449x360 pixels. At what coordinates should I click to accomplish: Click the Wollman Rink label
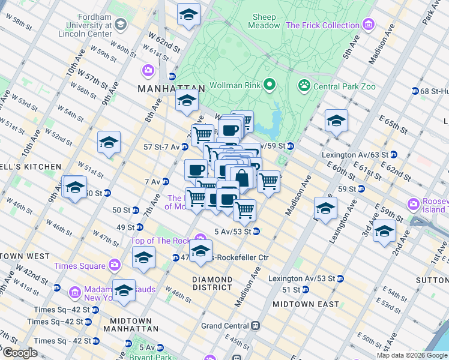coord(235,85)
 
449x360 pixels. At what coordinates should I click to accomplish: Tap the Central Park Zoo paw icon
coord(304,86)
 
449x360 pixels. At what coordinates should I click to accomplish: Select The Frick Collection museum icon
coord(369,25)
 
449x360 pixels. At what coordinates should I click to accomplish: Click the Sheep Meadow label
coord(265,22)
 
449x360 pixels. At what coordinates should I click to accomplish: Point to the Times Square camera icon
coord(115,265)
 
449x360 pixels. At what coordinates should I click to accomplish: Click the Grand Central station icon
coord(255,326)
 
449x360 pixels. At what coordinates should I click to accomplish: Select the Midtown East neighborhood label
coord(306,304)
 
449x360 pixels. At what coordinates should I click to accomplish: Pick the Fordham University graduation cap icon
coord(121,25)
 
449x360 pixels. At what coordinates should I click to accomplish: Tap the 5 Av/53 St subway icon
coord(256,231)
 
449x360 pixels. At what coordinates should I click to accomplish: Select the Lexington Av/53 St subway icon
coord(340,278)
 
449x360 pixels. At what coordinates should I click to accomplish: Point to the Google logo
coord(19,353)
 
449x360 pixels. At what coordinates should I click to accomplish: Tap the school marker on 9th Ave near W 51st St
coord(109,143)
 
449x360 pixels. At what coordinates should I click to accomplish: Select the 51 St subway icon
coord(306,289)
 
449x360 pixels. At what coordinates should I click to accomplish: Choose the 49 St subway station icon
coord(139,227)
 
